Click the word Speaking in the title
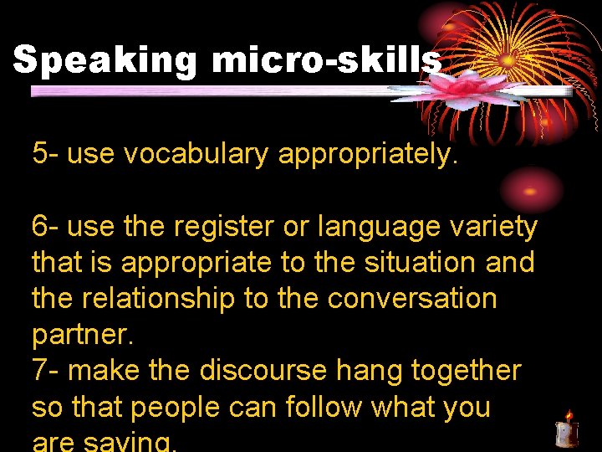point(105,61)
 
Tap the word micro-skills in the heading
point(326,60)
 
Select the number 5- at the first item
point(45,154)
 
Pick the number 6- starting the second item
point(45,226)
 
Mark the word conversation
point(411,299)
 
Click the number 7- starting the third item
point(45,370)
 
